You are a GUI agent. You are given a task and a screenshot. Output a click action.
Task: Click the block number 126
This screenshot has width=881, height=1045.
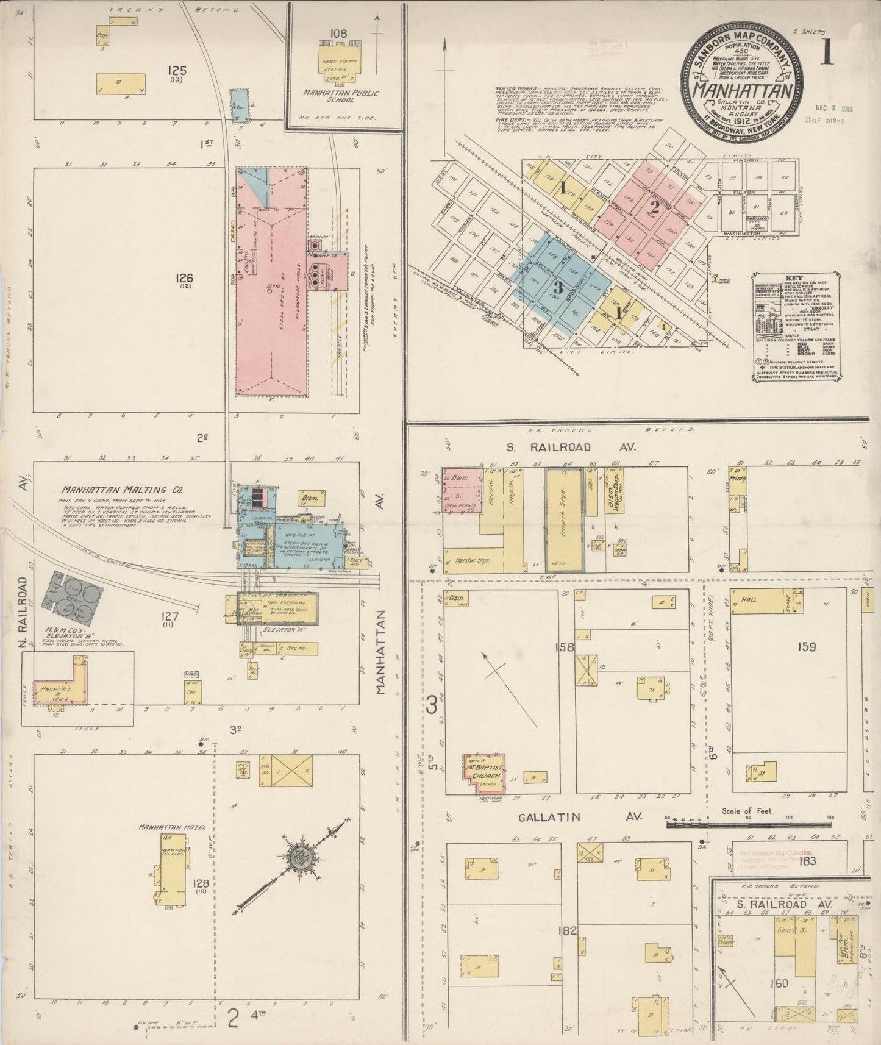pos(184,279)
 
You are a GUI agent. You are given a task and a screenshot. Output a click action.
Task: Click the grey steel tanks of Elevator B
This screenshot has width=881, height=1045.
pos(71,594)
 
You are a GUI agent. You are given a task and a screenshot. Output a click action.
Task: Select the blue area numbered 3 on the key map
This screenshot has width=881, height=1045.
pos(556,285)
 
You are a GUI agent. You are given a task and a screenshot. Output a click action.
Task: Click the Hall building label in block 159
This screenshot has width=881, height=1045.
pos(750,600)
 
